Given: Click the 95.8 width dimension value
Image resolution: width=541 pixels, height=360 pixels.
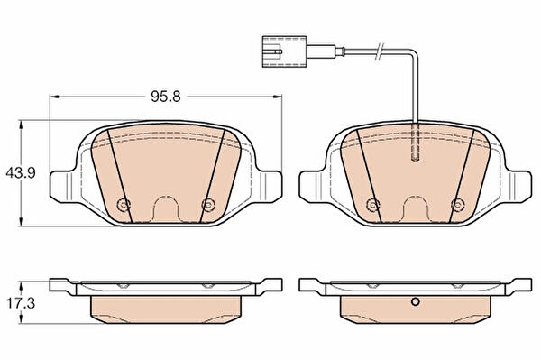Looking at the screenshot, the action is coord(166,97).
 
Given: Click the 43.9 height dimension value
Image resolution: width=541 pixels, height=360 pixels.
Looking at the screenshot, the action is coord(21,172).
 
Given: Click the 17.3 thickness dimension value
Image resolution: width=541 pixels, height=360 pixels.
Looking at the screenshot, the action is coord(21,303).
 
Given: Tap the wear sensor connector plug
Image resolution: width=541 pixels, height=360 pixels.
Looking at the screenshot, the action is coord(284,51).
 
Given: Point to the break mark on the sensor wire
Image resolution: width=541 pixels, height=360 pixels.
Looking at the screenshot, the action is coord(380,51).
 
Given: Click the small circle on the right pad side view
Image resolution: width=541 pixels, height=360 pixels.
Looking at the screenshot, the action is coord(416,302).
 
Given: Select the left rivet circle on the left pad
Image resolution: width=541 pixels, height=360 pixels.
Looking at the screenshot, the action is coord(124,205).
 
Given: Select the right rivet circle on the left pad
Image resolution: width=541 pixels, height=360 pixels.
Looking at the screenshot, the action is coord(208,205).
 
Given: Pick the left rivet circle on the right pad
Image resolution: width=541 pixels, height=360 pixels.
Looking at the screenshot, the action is coord(372,205).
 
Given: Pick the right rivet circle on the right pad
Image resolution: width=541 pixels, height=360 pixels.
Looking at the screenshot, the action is coord(457,205).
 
